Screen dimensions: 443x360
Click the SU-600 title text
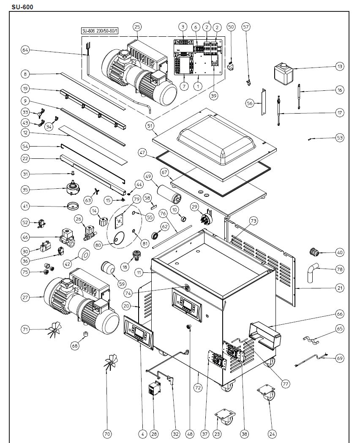pos(22,6)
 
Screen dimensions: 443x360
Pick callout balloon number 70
pos(107,433)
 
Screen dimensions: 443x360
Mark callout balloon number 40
pos(339,253)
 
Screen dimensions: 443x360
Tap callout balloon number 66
pos(339,314)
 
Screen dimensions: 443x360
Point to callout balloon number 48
pos(190,433)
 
